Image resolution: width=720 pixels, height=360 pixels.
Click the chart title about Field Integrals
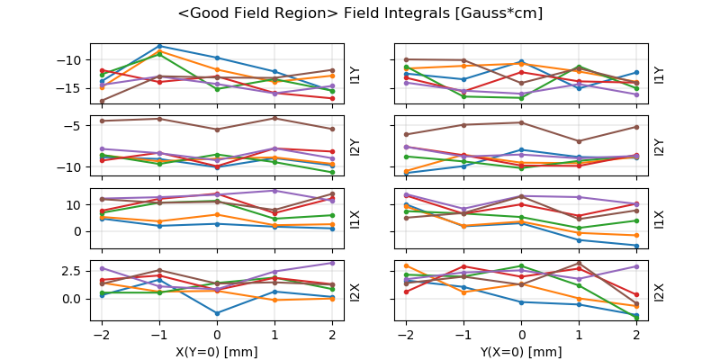360,13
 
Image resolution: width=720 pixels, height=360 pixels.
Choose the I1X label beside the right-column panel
659,220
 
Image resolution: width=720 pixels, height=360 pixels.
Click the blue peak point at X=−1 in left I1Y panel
159,46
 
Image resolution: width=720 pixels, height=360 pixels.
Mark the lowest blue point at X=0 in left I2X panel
218,313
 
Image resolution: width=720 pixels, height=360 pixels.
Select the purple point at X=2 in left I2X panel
333,263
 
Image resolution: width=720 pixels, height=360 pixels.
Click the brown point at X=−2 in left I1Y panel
102,101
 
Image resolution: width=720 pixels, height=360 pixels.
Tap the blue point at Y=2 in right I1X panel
636,246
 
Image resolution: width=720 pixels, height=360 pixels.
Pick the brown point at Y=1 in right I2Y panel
579,141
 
